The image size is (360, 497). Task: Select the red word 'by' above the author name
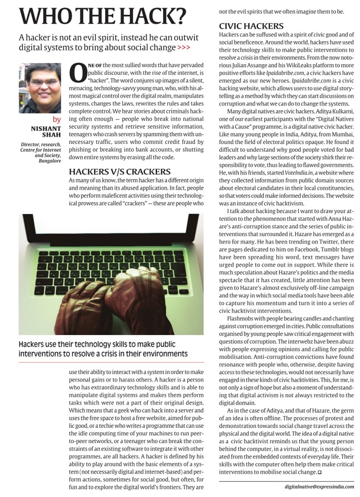(x=57, y=120)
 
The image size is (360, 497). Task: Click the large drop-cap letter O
(x=78, y=73)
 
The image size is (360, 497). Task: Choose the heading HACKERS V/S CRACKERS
(x=120, y=172)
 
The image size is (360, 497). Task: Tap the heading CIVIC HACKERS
(x=251, y=26)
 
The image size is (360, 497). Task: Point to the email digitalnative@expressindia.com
(x=320, y=486)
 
